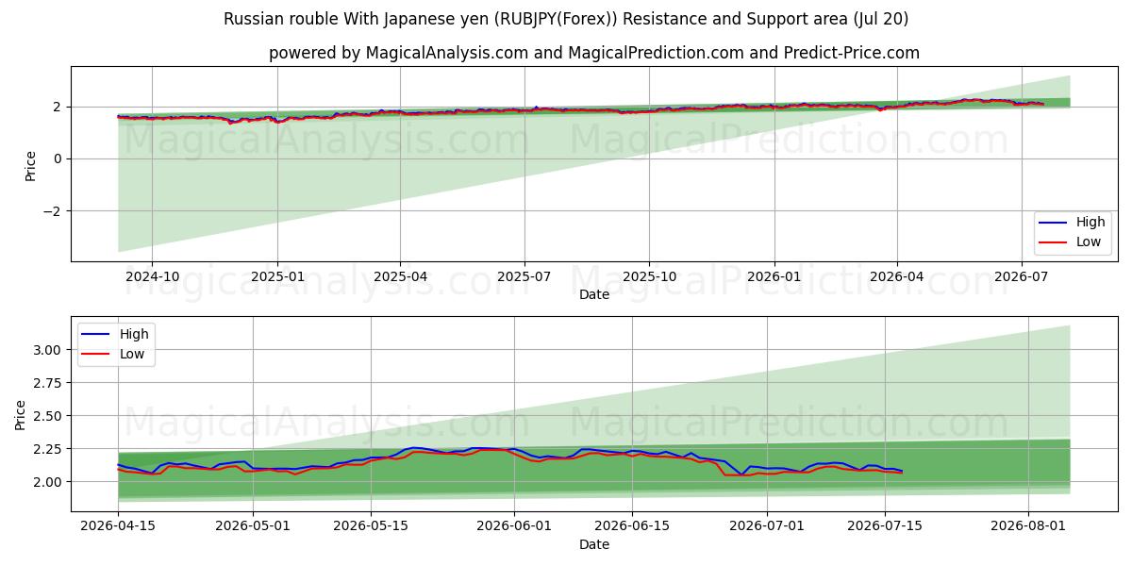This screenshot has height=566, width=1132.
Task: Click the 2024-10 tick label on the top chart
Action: pyautogui.click(x=152, y=277)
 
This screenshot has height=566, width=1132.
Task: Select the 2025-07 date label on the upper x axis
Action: pyautogui.click(x=524, y=277)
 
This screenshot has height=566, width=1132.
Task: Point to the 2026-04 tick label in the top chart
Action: pyautogui.click(x=896, y=277)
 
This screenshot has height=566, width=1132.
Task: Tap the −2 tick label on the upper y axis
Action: pyautogui.click(x=52, y=211)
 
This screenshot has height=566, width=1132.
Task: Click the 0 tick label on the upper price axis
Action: pyautogui.click(x=58, y=159)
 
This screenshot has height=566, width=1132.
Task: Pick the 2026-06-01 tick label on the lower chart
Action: pyautogui.click(x=514, y=526)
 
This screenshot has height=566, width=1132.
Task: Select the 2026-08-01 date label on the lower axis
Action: pyautogui.click(x=1028, y=526)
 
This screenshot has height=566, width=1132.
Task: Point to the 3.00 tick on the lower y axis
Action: pyautogui.click(x=47, y=350)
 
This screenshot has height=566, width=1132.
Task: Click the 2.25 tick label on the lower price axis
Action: pyautogui.click(x=47, y=449)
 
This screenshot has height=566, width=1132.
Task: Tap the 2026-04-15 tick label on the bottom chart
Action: pyautogui.click(x=118, y=526)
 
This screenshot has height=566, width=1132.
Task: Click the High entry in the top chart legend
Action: pyautogui.click(x=1090, y=222)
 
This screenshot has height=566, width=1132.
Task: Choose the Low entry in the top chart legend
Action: pyautogui.click(x=1088, y=241)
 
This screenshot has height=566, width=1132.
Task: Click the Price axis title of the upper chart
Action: pyautogui.click(x=30, y=166)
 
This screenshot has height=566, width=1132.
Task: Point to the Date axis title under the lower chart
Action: pyautogui.click(x=593, y=544)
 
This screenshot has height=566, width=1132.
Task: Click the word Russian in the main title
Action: pyautogui.click(x=256, y=19)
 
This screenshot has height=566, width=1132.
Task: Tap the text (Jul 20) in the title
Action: pyautogui.click(x=880, y=19)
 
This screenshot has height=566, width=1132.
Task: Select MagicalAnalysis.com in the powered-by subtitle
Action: pyautogui.click(x=447, y=53)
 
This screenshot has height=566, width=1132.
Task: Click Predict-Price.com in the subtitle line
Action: pyautogui.click(x=852, y=53)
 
